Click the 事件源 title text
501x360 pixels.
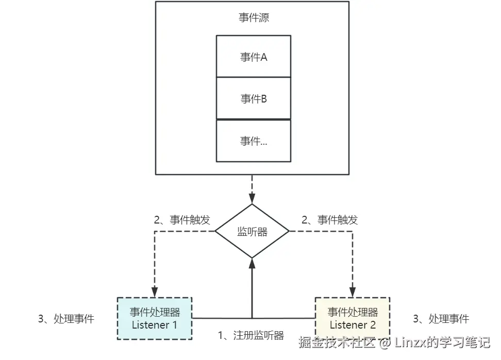253,18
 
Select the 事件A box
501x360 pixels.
253,56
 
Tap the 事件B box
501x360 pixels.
253,98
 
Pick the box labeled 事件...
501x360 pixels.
253,141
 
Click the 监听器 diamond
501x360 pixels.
252,231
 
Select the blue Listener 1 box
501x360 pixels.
154,318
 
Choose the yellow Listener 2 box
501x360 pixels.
353,318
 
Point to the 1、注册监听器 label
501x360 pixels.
251,336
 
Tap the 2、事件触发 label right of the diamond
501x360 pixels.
330,220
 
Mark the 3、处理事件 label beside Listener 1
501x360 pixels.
66,319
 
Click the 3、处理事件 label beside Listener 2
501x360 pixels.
441,319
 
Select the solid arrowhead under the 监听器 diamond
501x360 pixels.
252,263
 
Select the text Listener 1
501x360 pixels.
154,325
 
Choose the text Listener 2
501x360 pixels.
353,325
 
